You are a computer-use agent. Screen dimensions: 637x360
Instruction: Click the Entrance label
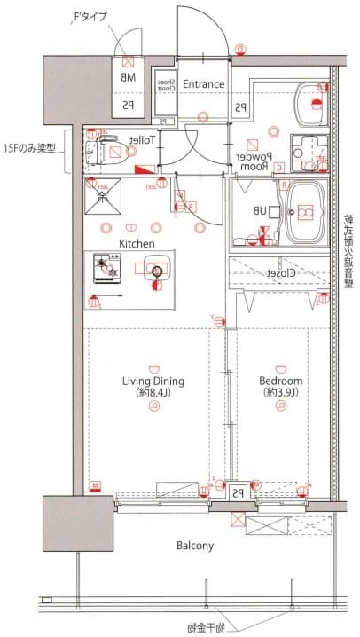204,84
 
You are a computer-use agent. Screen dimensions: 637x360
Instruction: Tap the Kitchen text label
137,243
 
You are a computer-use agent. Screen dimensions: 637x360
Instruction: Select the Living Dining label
153,381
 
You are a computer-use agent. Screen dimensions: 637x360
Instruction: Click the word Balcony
194,546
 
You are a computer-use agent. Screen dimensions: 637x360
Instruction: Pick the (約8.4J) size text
153,393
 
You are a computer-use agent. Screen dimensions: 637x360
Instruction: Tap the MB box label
129,78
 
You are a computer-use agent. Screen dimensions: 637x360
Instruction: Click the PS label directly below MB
129,105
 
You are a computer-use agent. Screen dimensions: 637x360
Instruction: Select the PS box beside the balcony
238,493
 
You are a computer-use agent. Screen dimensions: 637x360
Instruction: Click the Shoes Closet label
165,84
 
